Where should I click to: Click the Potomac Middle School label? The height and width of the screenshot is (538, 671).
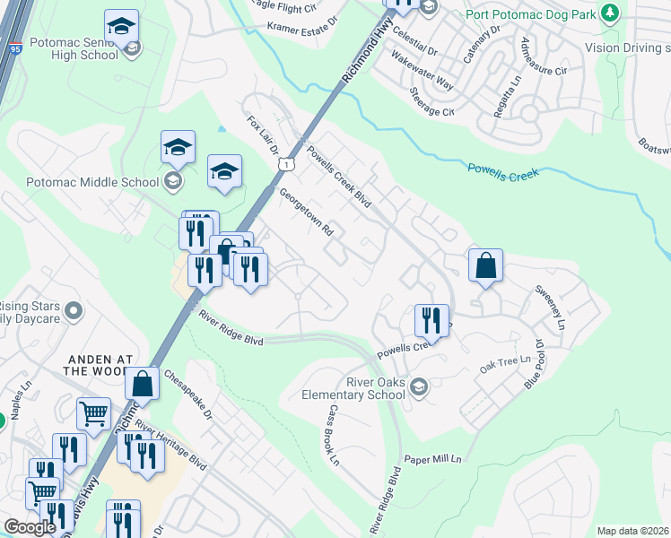coord(82,182)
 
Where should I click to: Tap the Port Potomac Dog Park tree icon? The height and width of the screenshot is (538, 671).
coord(611,13)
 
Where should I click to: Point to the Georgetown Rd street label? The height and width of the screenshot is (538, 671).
coord(306,212)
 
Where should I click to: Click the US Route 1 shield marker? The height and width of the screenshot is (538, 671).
coord(285,164)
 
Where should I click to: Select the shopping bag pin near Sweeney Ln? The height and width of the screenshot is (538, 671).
coord(485,265)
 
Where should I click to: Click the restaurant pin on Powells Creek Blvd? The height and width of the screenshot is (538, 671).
coord(431,320)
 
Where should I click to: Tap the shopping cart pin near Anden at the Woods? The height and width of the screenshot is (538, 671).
coord(93,413)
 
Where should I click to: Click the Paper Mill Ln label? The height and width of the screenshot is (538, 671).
coord(433,459)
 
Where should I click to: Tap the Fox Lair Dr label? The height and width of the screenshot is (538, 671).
coord(263,133)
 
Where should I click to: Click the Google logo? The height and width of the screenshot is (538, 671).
coord(30,527)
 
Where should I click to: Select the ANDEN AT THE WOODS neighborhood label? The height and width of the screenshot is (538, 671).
coord(100,363)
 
